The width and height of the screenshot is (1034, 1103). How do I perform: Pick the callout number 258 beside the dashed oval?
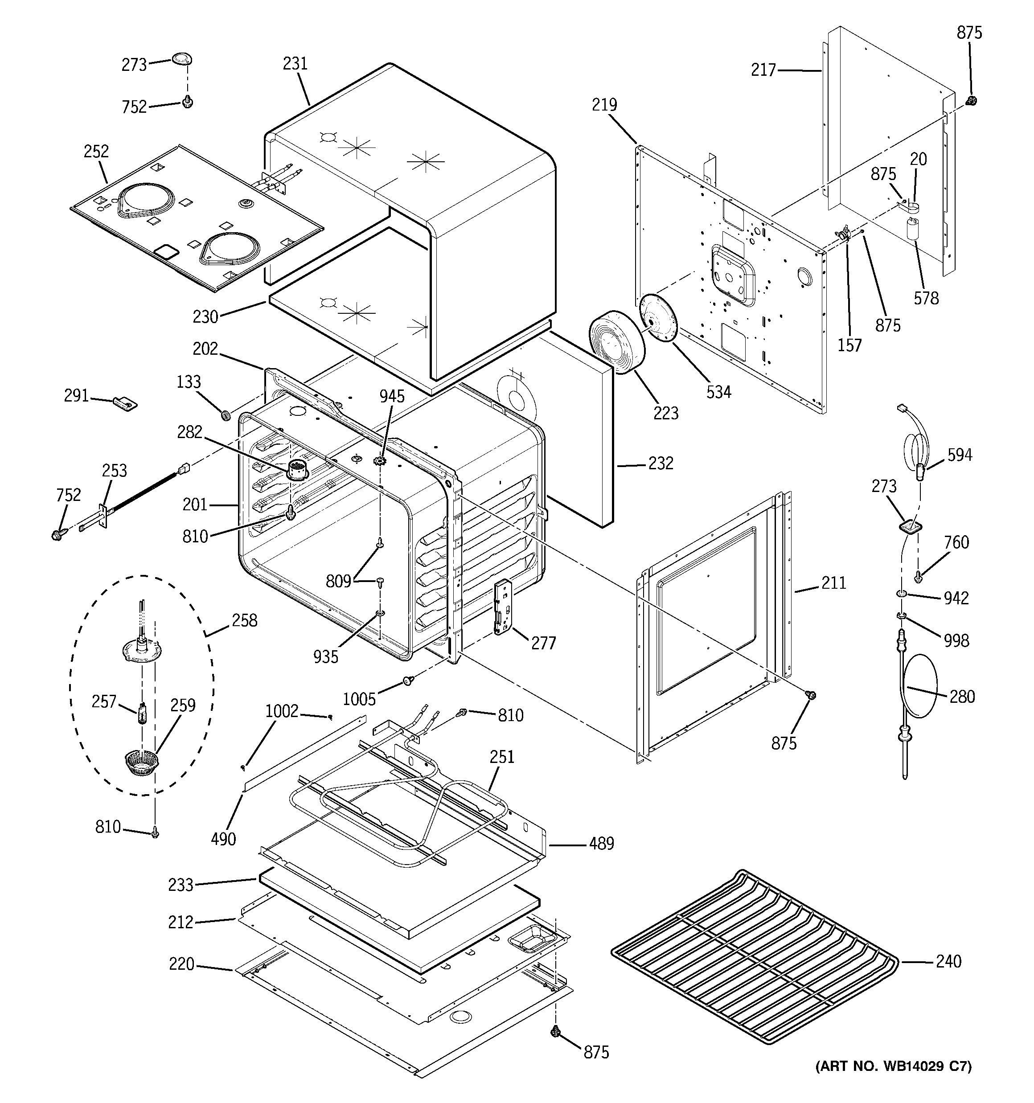pyautogui.click(x=244, y=620)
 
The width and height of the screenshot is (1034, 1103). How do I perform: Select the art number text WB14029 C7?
pyautogui.click(x=893, y=1066)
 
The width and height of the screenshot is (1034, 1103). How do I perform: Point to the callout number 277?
pyautogui.click(x=543, y=643)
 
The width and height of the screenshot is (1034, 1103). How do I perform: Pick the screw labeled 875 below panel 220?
pyautogui.click(x=554, y=1031)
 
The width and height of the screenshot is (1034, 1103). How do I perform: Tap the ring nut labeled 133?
pyautogui.click(x=226, y=415)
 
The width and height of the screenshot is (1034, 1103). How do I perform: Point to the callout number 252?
pyautogui.click(x=96, y=152)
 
